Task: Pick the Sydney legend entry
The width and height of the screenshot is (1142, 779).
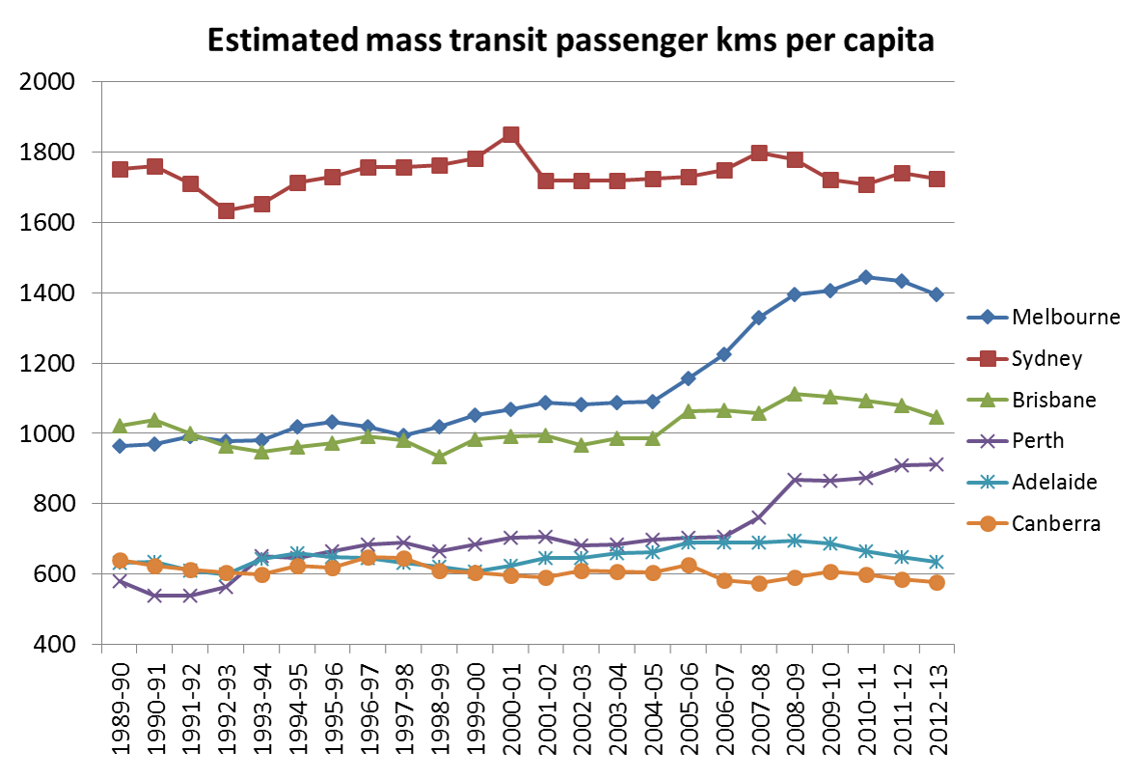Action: [x=1047, y=359]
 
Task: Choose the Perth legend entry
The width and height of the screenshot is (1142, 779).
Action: [x=1037, y=441]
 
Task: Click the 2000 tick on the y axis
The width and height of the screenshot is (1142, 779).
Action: [x=47, y=82]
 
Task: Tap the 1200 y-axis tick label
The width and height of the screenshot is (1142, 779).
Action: [x=47, y=364]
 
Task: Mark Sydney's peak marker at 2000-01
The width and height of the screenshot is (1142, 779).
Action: [x=511, y=135]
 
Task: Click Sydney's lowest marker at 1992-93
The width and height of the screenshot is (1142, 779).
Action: [x=227, y=210]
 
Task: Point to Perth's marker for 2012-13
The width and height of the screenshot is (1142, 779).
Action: [x=937, y=464]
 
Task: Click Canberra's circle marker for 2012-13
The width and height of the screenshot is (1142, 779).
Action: [x=937, y=583]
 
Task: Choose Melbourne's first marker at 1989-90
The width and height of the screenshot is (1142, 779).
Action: [x=121, y=446]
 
